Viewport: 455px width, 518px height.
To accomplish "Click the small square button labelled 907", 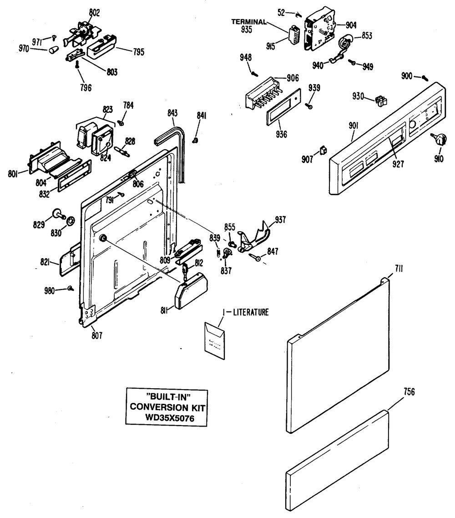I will pyautogui.click(x=324, y=149).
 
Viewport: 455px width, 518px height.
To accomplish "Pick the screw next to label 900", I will pyautogui.click(x=424, y=77).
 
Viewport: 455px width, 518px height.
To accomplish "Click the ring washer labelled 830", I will pyautogui.click(x=71, y=222).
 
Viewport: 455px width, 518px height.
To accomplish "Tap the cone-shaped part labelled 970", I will pyautogui.click(x=53, y=48).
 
